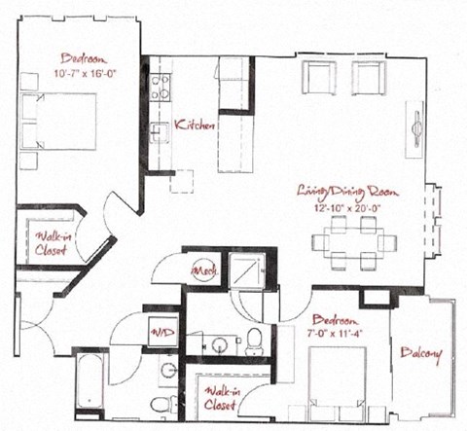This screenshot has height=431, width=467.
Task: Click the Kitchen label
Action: click(x=196, y=125)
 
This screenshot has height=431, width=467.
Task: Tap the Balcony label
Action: click(x=420, y=354)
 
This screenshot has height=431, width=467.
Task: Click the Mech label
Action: click(x=204, y=269)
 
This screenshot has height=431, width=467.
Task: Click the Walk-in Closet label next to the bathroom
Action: click(x=219, y=399)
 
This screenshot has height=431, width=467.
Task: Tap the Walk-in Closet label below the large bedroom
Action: click(x=48, y=242)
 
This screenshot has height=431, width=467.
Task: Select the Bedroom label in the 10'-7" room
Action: click(x=77, y=57)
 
